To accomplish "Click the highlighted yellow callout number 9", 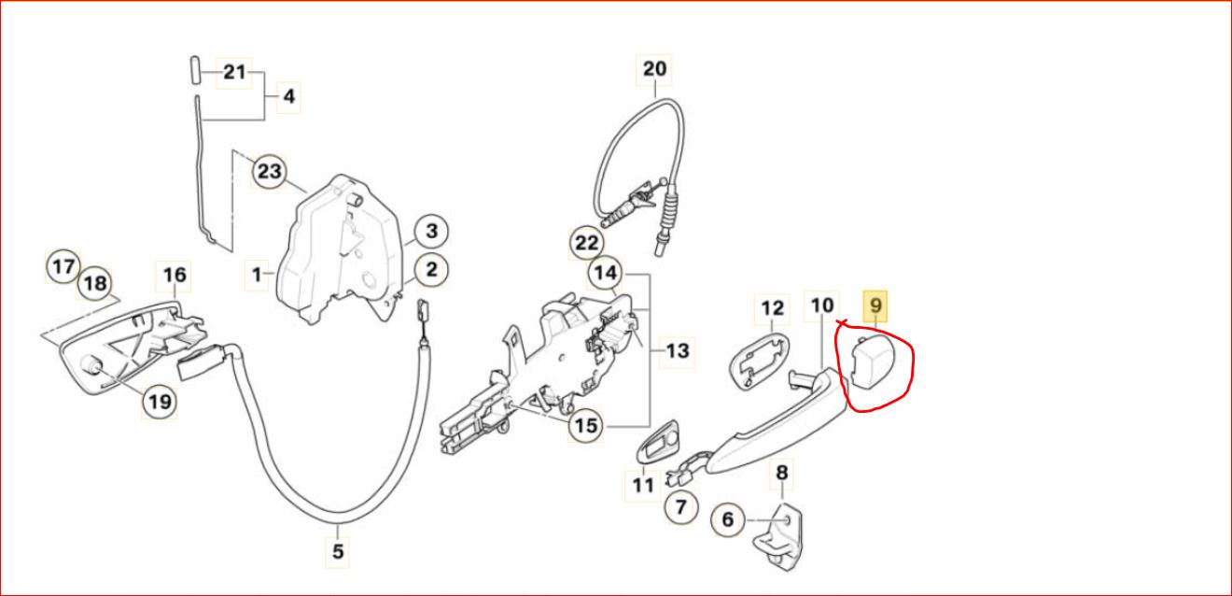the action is coord(875,305).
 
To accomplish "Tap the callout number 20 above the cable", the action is coord(654,69).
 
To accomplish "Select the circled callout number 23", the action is coord(270,171).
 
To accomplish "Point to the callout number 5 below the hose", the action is coord(338,551).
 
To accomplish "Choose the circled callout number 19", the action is coord(160,402).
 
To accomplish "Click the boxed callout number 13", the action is coord(677,351).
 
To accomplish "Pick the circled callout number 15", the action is coord(585,425).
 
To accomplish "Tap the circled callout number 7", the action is coord(681,507).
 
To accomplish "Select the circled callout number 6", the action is coord(728,519).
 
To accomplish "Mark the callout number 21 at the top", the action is coord(234,73).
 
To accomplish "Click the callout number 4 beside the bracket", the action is coord(288,97).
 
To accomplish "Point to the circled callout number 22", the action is coord(586,243).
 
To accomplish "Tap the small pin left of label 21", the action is coord(196,70).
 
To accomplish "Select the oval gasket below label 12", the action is coord(760,361).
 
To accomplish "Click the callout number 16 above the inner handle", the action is coord(174,276).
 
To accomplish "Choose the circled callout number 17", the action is coord(63,267).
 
